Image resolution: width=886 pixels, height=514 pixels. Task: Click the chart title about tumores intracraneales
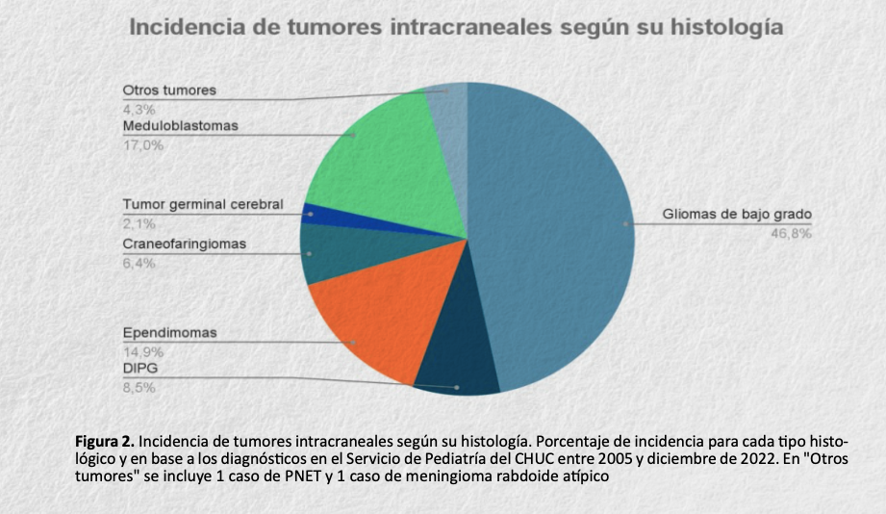[455, 27]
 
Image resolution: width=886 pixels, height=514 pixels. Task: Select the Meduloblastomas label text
[180, 126]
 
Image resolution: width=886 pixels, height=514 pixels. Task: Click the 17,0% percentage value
[142, 145]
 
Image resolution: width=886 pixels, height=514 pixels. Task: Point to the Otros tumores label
[168, 90]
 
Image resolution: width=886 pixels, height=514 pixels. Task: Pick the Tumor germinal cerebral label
[202, 205]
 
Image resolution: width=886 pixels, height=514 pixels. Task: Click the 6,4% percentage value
[139, 263]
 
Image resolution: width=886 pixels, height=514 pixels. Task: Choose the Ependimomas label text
[169, 333]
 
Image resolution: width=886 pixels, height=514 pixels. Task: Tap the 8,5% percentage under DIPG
[139, 388]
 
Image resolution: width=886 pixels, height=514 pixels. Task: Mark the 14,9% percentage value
[142, 351]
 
